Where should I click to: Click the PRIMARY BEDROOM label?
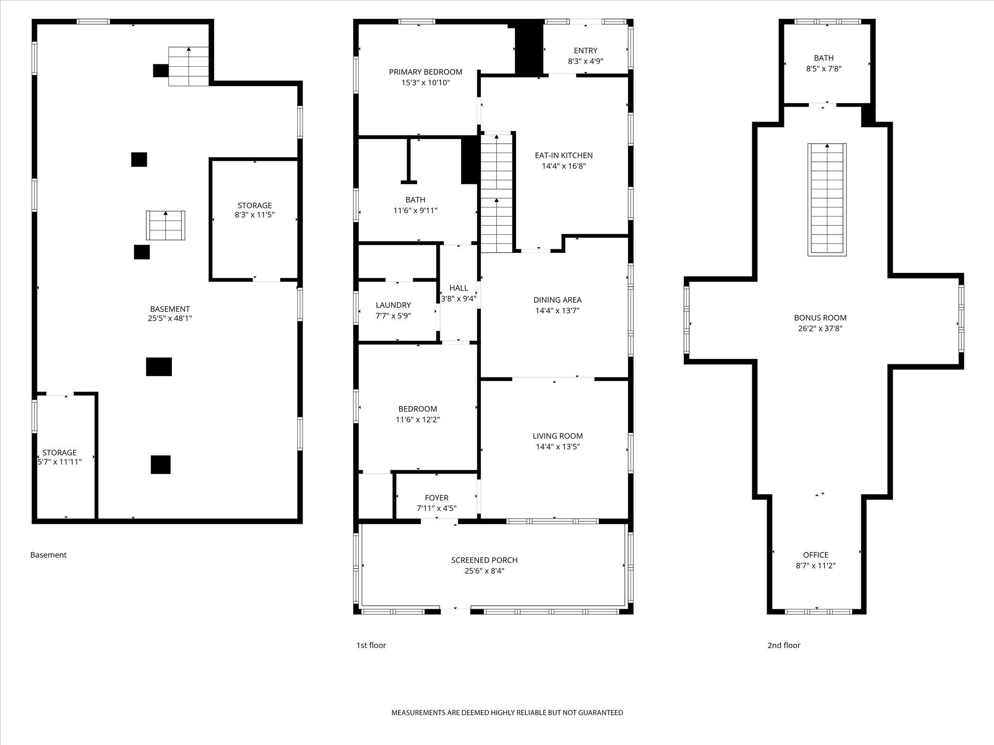point(426,72)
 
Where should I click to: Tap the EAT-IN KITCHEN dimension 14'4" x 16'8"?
point(564,166)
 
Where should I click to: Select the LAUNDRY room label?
point(393,305)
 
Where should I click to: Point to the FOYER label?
point(436,498)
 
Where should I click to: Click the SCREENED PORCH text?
point(484,560)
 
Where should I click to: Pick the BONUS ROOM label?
point(820,318)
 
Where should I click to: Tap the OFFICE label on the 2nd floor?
point(816,555)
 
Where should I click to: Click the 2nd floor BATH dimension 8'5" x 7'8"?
point(824,69)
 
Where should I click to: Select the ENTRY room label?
point(586,51)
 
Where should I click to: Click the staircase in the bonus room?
point(827,200)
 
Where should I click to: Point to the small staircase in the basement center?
point(165,226)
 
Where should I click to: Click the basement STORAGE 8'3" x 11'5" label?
point(255,205)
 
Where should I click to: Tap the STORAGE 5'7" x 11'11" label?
point(60,453)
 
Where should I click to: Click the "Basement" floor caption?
point(48,555)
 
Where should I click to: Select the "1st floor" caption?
point(371,645)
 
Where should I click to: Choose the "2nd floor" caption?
point(783,645)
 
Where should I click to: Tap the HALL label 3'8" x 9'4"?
point(458,288)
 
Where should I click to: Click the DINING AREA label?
point(557,300)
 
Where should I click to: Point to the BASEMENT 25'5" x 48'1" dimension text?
point(169,319)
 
